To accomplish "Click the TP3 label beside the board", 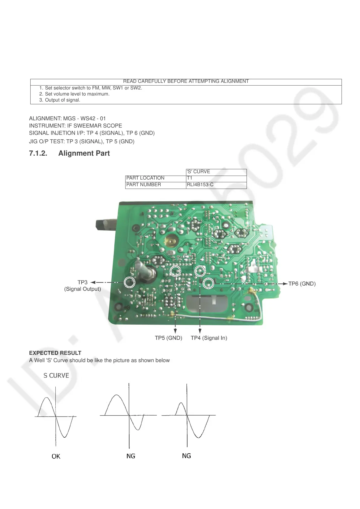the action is point(82,282).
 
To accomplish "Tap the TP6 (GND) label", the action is point(302,284).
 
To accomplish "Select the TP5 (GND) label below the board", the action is point(169,338).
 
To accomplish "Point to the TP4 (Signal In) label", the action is point(209,338).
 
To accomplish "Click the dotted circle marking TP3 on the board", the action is point(129,282).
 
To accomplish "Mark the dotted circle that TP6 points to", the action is point(208,283).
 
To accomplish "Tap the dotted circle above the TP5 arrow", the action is point(175,271).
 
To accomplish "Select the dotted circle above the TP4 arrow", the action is point(200,271).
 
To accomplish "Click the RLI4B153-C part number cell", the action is point(200,185).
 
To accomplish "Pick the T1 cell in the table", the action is point(190,178).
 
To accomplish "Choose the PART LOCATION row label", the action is point(145,178).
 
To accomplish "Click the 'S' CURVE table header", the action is point(198,172).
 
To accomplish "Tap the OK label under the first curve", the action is point(56,456).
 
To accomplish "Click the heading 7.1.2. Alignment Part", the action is point(69,153).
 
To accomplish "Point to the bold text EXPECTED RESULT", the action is point(55,353).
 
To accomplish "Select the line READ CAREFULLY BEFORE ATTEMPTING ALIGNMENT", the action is point(186,81).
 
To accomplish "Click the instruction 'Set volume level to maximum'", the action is point(77,94).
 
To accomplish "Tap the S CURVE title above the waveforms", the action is point(56,375).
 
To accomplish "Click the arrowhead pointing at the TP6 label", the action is point(285,284).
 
